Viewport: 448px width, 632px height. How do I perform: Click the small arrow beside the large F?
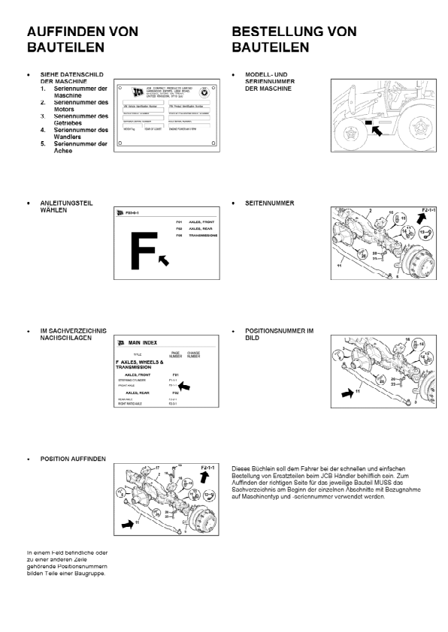[164, 260]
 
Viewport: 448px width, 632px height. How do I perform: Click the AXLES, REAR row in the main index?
[144, 393]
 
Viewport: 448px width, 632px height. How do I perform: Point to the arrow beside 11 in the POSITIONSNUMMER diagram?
[347, 391]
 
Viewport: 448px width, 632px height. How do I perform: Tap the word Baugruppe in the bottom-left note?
[90, 574]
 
